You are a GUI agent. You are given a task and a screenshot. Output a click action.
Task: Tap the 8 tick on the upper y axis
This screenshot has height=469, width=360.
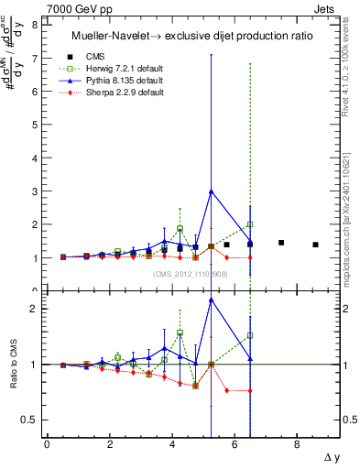pos(34,26)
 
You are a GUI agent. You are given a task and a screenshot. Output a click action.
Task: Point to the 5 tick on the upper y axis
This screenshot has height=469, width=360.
pos(34,125)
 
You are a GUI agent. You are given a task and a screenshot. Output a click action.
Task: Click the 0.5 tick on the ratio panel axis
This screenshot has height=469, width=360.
pos(31,420)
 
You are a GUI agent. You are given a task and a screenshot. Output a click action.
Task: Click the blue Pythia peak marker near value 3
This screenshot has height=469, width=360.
pos(212,191)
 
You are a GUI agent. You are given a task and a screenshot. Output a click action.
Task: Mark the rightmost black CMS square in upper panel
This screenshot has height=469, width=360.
pos(315,245)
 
